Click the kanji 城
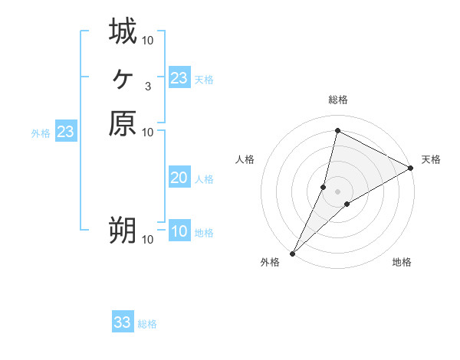(x=123, y=32)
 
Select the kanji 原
(x=123, y=123)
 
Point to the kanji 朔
(x=123, y=231)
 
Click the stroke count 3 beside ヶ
(x=147, y=86)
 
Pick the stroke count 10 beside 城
(x=148, y=40)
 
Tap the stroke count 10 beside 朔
(x=148, y=240)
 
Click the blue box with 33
(x=123, y=322)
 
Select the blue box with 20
(x=179, y=178)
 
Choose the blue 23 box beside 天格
(x=179, y=77)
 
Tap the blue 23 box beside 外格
(x=66, y=133)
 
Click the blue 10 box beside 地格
(x=179, y=231)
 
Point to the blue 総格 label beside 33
(x=147, y=324)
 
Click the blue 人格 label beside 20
(x=204, y=179)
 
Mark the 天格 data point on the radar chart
(x=412, y=169)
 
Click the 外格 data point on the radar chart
(x=293, y=254)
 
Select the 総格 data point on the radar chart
(x=337, y=130)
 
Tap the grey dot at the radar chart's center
(x=337, y=191)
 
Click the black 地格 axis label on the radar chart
(x=402, y=263)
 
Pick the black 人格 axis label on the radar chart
(x=245, y=159)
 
